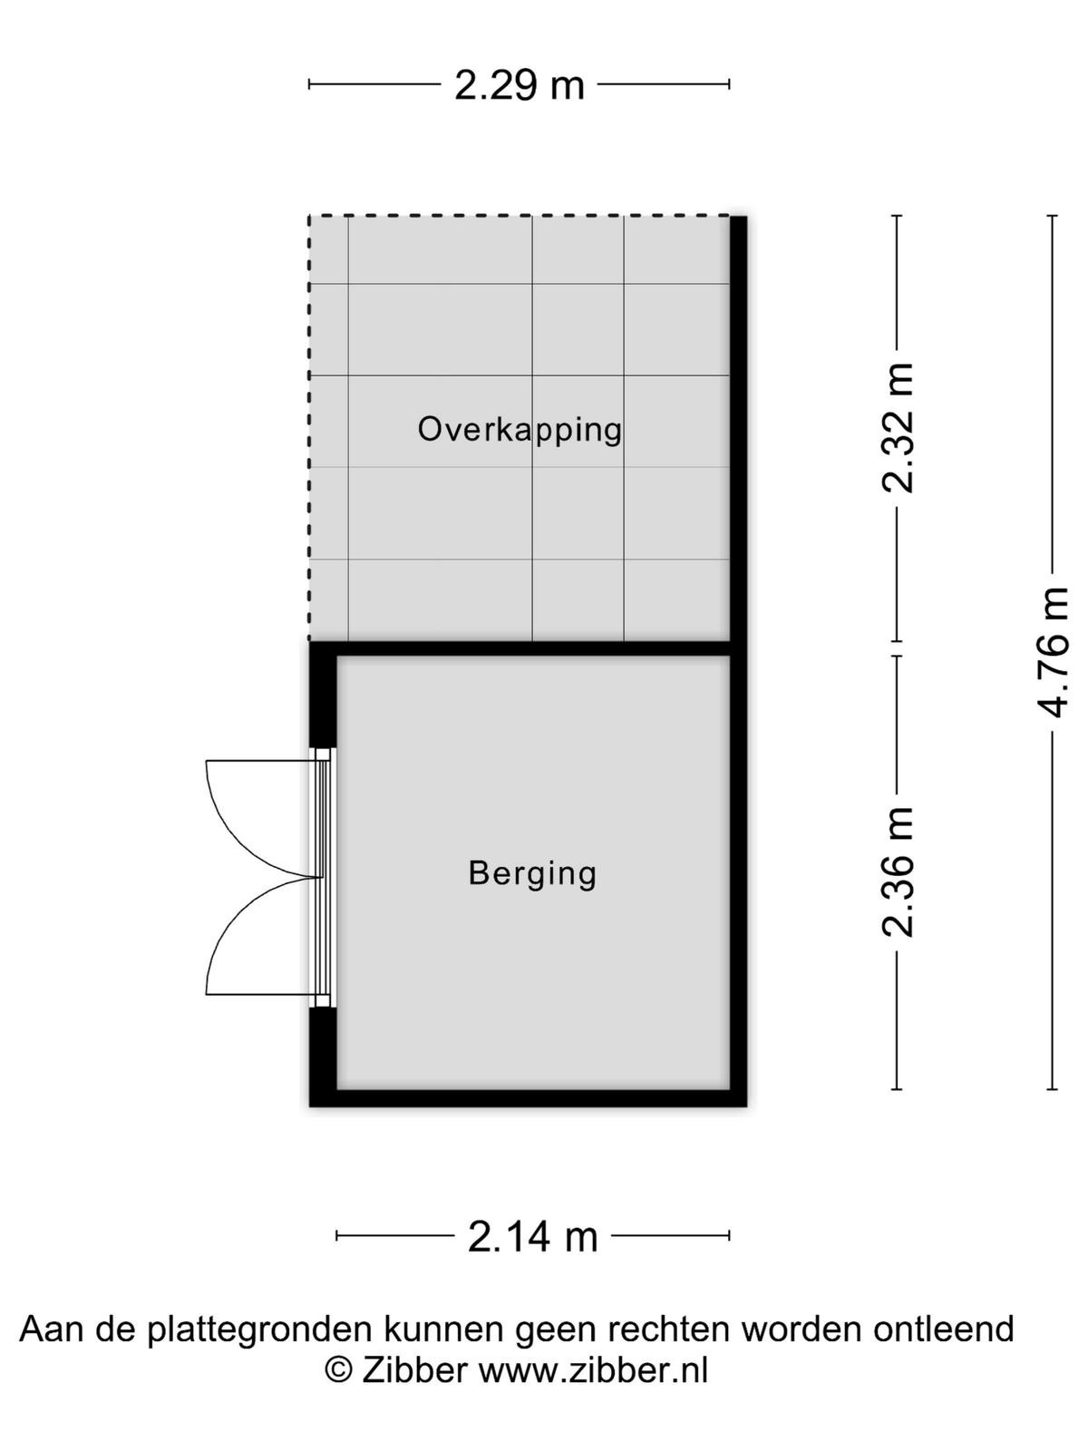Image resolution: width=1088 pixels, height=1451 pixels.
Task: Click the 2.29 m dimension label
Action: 520,85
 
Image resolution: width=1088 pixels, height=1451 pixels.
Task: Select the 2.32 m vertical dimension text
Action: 897,428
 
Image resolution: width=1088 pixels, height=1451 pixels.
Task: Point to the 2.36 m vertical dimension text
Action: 897,872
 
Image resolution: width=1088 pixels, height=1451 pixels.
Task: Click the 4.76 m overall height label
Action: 1053,652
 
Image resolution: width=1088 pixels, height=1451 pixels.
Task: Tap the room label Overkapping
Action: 520,430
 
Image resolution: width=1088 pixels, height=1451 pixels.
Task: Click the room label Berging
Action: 532,873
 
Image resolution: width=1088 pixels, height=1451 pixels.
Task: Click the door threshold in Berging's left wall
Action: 323,878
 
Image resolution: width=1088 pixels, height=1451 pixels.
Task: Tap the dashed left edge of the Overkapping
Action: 309,428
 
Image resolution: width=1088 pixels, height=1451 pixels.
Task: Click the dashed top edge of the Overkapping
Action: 520,216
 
